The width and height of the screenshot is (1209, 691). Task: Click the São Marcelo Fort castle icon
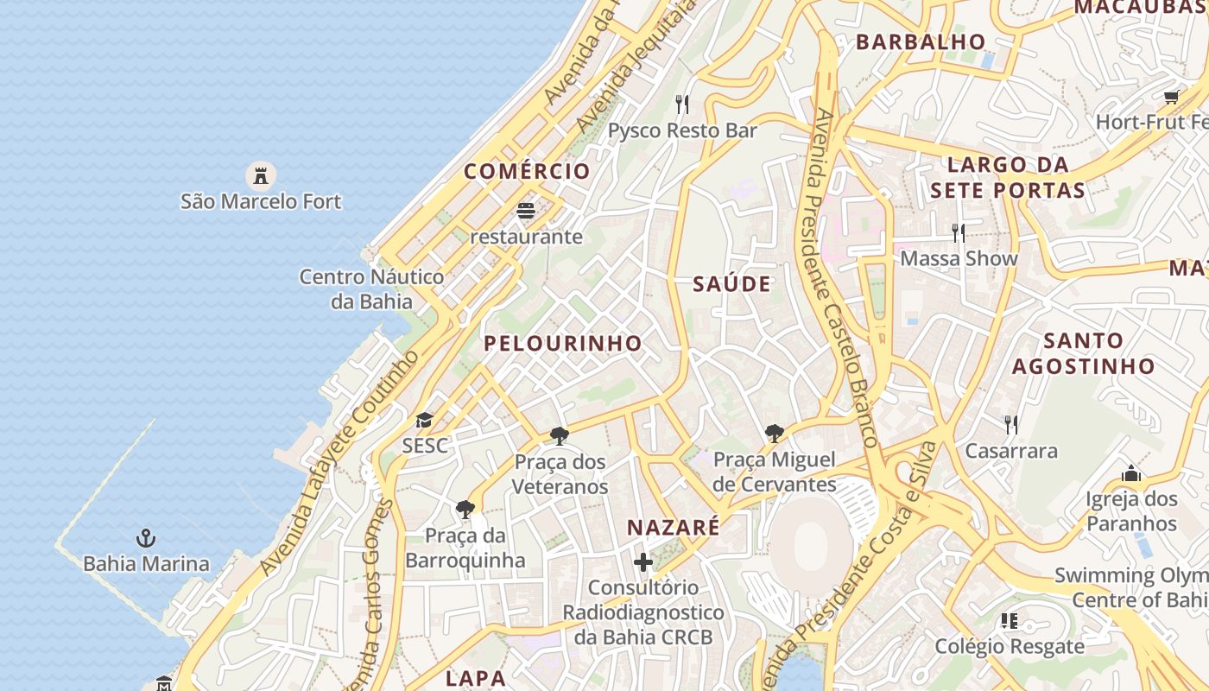coord(260,175)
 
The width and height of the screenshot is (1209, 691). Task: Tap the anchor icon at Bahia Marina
coord(146,539)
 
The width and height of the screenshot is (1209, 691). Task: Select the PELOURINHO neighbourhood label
coord(563,343)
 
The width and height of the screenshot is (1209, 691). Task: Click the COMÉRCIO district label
coord(527,171)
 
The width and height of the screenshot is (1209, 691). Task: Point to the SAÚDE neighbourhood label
coord(731,284)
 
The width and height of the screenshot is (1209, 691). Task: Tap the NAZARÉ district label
coord(673,528)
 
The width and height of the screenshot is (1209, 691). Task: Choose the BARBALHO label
coord(920,41)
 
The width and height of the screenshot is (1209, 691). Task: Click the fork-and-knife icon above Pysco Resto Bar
coord(682,105)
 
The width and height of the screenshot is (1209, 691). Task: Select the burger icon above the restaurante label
coord(526,210)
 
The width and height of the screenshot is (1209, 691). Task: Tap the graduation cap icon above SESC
coord(424,421)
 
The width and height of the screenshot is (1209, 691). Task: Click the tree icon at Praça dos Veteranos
coord(560,435)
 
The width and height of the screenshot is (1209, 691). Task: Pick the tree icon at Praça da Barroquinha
coord(465,509)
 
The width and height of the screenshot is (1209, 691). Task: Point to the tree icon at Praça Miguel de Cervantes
coord(775,433)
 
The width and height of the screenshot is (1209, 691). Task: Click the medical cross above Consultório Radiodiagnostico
coord(643,562)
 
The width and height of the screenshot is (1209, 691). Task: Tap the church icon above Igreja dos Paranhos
coord(1131,473)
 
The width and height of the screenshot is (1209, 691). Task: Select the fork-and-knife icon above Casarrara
coord(1010,424)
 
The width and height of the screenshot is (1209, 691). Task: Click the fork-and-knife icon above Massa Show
coord(958,232)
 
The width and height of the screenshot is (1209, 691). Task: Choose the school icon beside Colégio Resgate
coord(1009,620)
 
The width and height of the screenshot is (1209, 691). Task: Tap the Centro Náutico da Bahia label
coord(371,289)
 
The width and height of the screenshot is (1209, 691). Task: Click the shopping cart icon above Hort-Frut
coord(1171,97)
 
